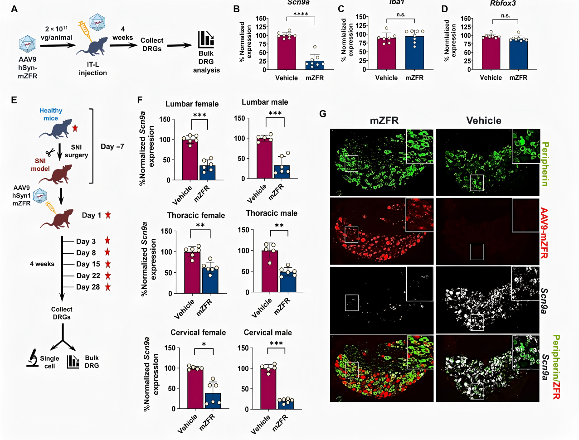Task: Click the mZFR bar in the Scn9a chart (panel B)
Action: coord(314,65)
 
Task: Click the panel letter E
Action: coord(14,100)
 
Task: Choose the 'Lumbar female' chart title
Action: coord(192,104)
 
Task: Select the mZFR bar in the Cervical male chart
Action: coord(286,403)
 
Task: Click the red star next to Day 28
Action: coord(108,287)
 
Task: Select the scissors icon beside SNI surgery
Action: coord(50,152)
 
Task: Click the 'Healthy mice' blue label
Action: coord(51,114)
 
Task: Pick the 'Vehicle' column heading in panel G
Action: coord(484,121)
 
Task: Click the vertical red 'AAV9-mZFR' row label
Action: coord(544,233)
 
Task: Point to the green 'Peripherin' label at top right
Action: coord(545,164)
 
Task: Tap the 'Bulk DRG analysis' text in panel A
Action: coord(206,62)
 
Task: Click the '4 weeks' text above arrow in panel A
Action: coord(122,33)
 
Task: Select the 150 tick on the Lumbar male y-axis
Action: coord(239,118)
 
